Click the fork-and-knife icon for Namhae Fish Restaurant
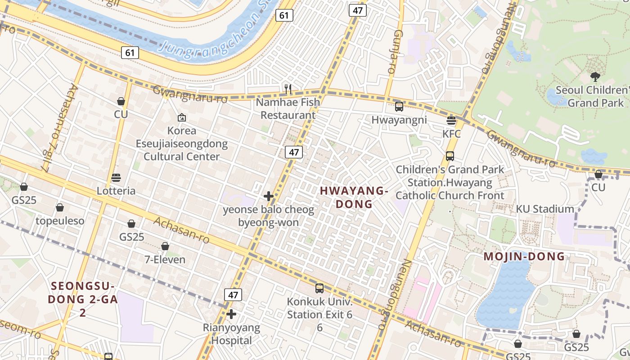tap(288, 89)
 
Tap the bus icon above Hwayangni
tap(399, 107)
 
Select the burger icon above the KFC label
tap(451, 120)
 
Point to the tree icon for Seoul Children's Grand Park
tap(595, 76)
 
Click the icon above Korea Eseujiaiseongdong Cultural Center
tap(181, 117)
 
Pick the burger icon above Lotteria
tap(116, 178)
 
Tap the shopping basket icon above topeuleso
tap(60, 207)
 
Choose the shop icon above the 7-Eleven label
tap(165, 246)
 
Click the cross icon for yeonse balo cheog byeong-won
tap(269, 196)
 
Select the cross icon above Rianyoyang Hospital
tap(231, 314)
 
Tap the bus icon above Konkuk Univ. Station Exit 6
tap(319, 288)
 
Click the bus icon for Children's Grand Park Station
tap(450, 156)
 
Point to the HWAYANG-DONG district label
tap(354, 197)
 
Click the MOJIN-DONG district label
tap(524, 256)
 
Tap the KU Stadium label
tap(544, 209)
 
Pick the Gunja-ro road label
tap(394, 52)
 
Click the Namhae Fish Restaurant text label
tap(288, 108)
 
